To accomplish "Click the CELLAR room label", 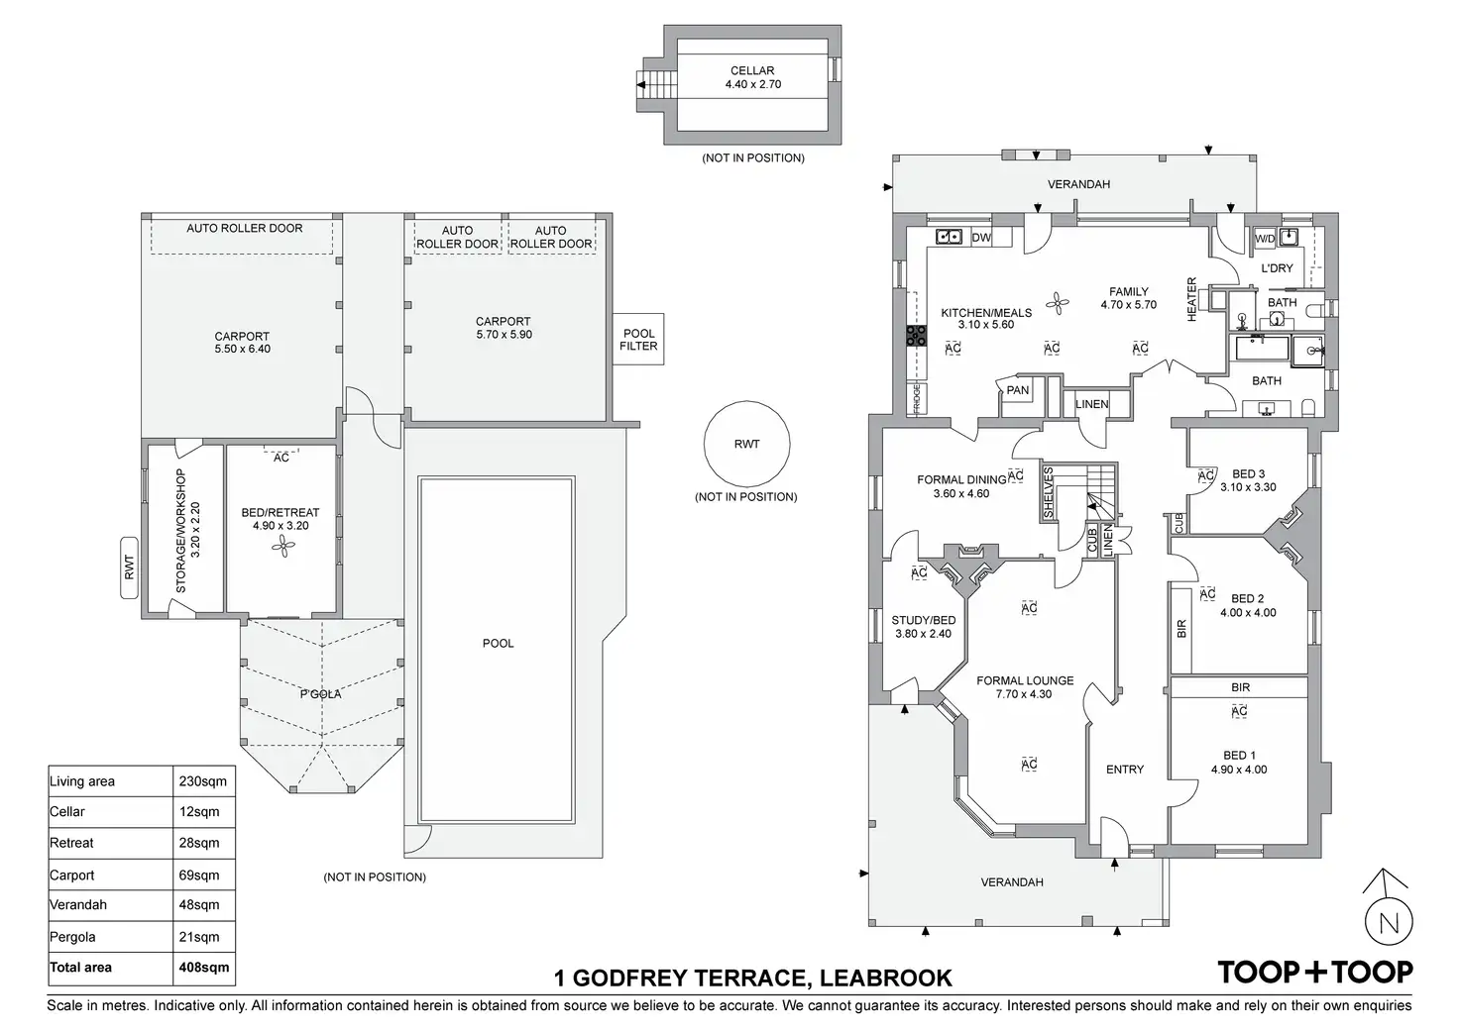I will (752, 71).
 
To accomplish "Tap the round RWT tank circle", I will (746, 445).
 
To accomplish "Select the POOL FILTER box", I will (638, 340).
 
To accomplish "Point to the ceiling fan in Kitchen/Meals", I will (1059, 304).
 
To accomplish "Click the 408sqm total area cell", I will (203, 968).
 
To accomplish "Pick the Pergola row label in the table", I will (72, 936).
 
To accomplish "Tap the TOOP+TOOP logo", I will (1314, 972).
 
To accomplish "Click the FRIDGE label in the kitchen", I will (917, 398).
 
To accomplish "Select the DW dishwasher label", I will (981, 238).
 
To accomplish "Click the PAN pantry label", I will (1018, 390).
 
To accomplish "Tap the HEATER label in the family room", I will (1192, 298).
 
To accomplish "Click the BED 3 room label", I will (1248, 473).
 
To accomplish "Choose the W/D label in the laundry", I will (1265, 239).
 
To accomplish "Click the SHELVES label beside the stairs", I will (1048, 493).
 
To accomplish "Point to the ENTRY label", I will (1125, 770).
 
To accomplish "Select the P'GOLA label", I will (320, 694).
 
